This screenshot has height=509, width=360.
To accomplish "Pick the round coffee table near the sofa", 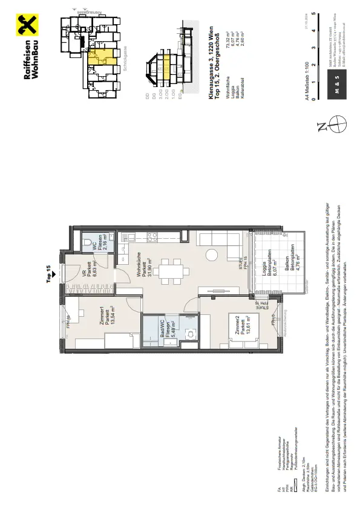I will [213, 254].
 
